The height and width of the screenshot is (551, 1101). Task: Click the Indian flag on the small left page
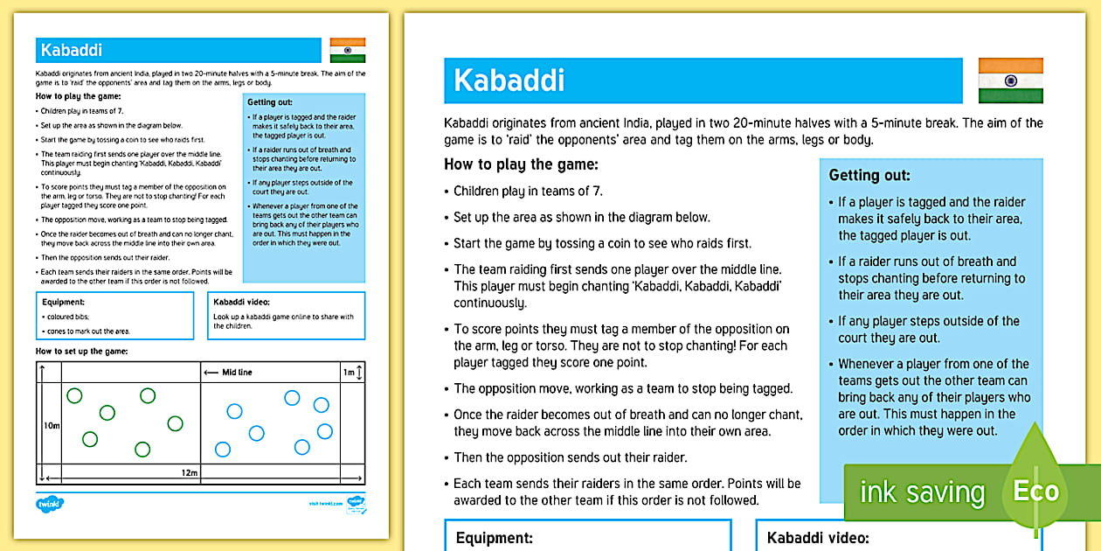click(347, 50)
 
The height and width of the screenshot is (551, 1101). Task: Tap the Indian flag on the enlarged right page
click(1010, 80)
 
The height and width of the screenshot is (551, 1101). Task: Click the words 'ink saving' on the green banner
click(922, 492)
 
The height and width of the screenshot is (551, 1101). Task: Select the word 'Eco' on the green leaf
click(1035, 491)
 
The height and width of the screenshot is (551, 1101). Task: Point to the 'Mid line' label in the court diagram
click(237, 373)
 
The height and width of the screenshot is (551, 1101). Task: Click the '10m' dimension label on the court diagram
click(51, 425)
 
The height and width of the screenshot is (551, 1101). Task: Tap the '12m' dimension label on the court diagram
click(190, 473)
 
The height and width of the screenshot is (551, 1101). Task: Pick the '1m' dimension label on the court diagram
click(349, 373)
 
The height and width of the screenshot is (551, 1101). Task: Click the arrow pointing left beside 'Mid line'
click(210, 373)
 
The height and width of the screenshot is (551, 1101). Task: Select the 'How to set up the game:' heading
click(81, 351)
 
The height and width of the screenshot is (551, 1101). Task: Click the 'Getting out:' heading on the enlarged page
click(869, 176)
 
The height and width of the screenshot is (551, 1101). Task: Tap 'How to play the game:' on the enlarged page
click(521, 164)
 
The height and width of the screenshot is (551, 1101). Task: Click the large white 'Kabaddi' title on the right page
click(509, 80)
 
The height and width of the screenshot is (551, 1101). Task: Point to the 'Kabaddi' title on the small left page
click(66, 51)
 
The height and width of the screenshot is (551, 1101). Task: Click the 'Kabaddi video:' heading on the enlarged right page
click(818, 538)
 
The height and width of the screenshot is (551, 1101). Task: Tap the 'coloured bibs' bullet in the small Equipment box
click(62, 317)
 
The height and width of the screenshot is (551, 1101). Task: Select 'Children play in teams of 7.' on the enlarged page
click(528, 191)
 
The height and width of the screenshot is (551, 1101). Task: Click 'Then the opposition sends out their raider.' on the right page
click(570, 457)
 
